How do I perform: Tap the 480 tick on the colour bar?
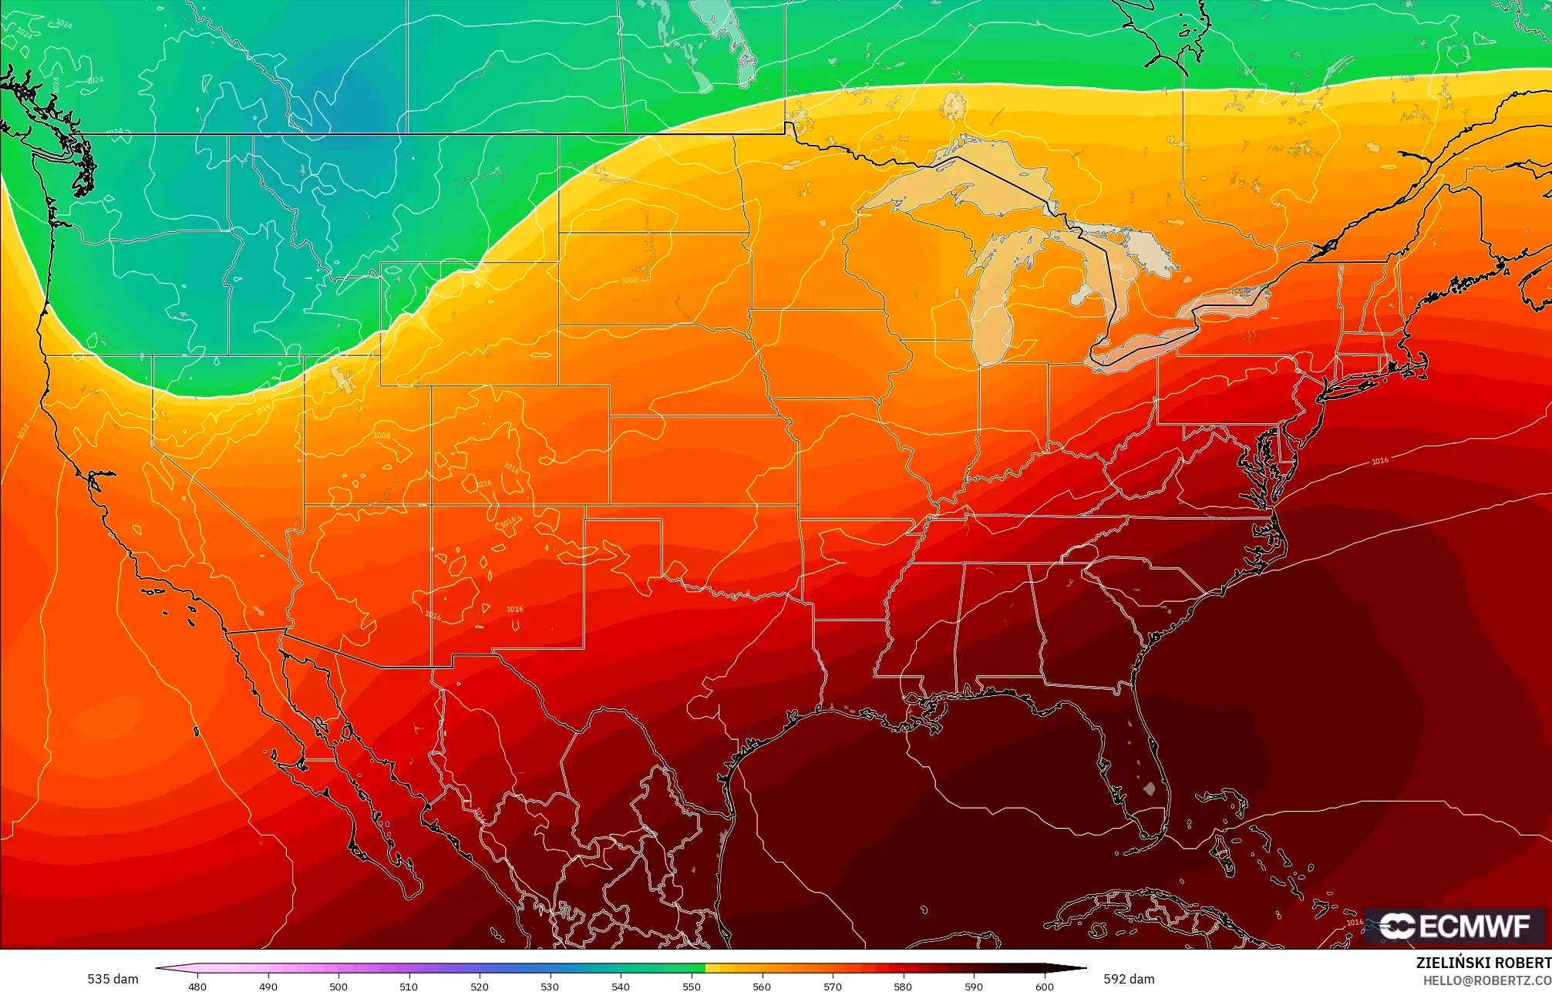[197, 986]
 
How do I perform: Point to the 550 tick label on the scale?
[691, 986]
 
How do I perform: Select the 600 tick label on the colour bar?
[1044, 986]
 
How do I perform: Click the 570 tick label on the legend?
[832, 986]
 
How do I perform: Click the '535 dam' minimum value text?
[113, 979]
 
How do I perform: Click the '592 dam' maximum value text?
[1129, 979]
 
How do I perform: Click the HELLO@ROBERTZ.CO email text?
[1486, 980]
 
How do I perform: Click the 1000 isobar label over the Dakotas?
[630, 281]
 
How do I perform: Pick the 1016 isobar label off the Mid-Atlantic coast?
[1379, 461]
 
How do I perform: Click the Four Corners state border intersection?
[431, 505]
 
